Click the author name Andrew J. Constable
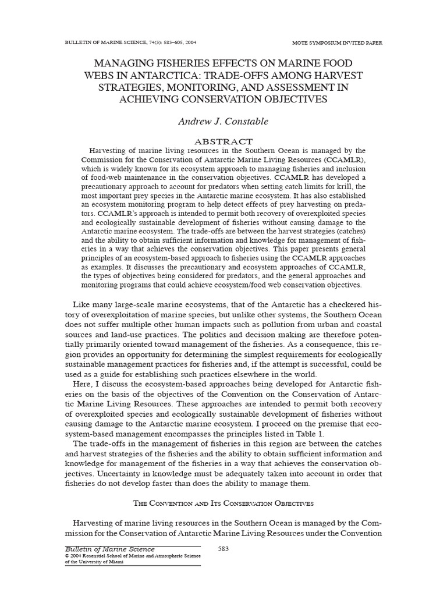point(223,122)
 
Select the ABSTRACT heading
point(223,141)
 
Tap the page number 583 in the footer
point(224,549)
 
